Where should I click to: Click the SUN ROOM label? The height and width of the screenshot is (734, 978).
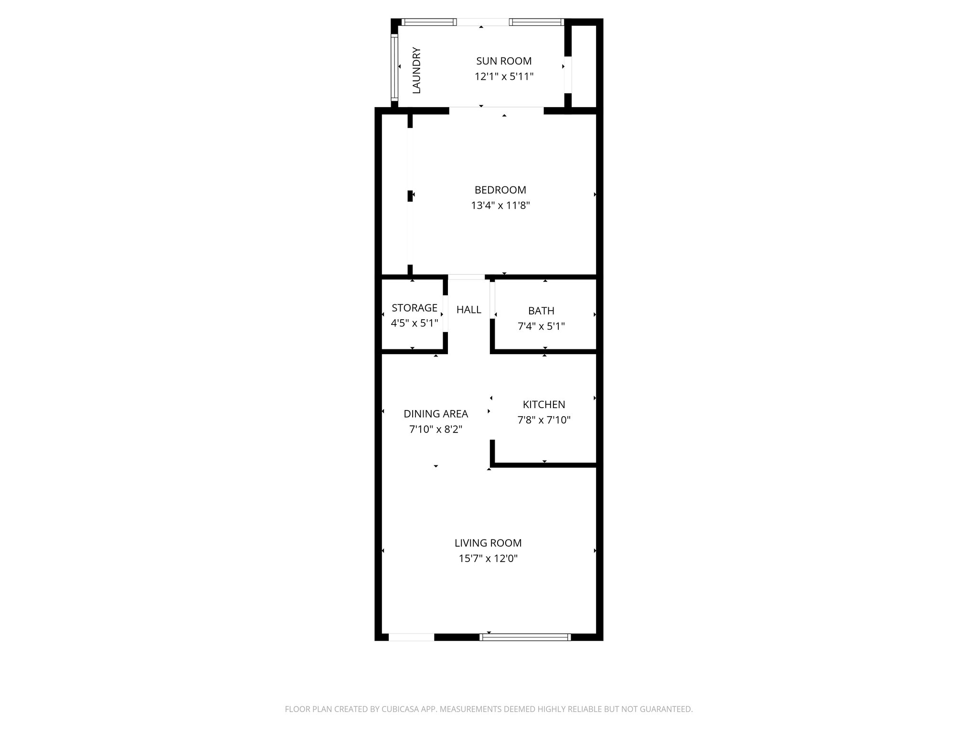tap(504, 61)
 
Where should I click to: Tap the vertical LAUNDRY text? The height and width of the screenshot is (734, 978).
tap(416, 70)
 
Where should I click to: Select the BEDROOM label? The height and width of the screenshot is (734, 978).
tap(500, 190)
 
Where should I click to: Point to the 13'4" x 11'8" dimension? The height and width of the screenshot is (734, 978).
tap(500, 205)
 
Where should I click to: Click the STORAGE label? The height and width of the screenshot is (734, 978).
tap(415, 308)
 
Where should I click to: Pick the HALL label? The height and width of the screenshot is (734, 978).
tap(468, 310)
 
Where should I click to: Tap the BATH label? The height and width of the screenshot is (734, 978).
tap(541, 311)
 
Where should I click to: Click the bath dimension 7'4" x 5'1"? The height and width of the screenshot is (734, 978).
tap(541, 326)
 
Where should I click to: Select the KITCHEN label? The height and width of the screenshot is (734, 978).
tap(544, 405)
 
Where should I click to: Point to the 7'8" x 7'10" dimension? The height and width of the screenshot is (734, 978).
tap(544, 420)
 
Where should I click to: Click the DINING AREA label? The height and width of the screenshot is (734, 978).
tap(436, 414)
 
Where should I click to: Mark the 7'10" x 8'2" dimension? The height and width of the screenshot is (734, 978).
tap(436, 429)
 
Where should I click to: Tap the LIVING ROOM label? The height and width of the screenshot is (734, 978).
tap(488, 543)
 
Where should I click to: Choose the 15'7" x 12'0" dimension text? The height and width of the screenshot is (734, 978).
tap(488, 558)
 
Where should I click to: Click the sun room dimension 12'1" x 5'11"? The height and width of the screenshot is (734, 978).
tap(504, 76)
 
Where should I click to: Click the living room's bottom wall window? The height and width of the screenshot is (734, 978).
tap(525, 637)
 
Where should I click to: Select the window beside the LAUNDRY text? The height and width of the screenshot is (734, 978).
tap(394, 66)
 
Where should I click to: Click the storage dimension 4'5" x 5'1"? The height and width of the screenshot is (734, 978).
tap(415, 323)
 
